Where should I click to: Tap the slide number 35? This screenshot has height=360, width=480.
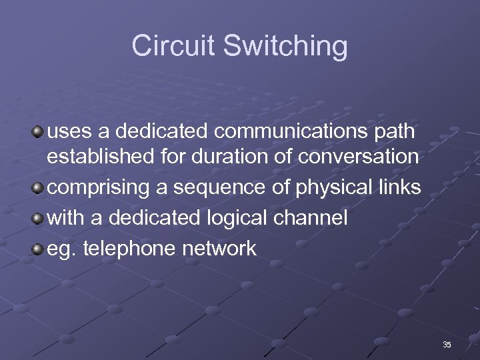point(446,345)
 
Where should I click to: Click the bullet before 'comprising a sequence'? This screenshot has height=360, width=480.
point(38,188)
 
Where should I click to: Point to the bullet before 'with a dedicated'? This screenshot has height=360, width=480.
point(38,218)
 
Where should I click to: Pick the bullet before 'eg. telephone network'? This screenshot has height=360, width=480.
point(38,249)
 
